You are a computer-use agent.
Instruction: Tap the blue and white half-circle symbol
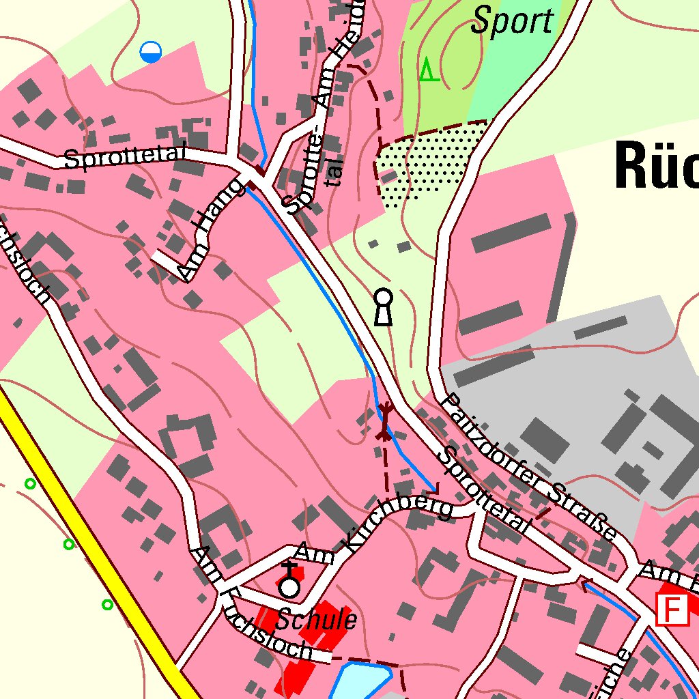[150, 52]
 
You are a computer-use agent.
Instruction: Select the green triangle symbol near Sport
[429, 70]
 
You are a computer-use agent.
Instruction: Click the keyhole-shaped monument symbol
[384, 306]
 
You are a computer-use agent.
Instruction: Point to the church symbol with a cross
[290, 582]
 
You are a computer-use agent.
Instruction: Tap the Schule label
[316, 620]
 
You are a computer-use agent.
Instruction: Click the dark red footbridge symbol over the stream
[385, 422]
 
